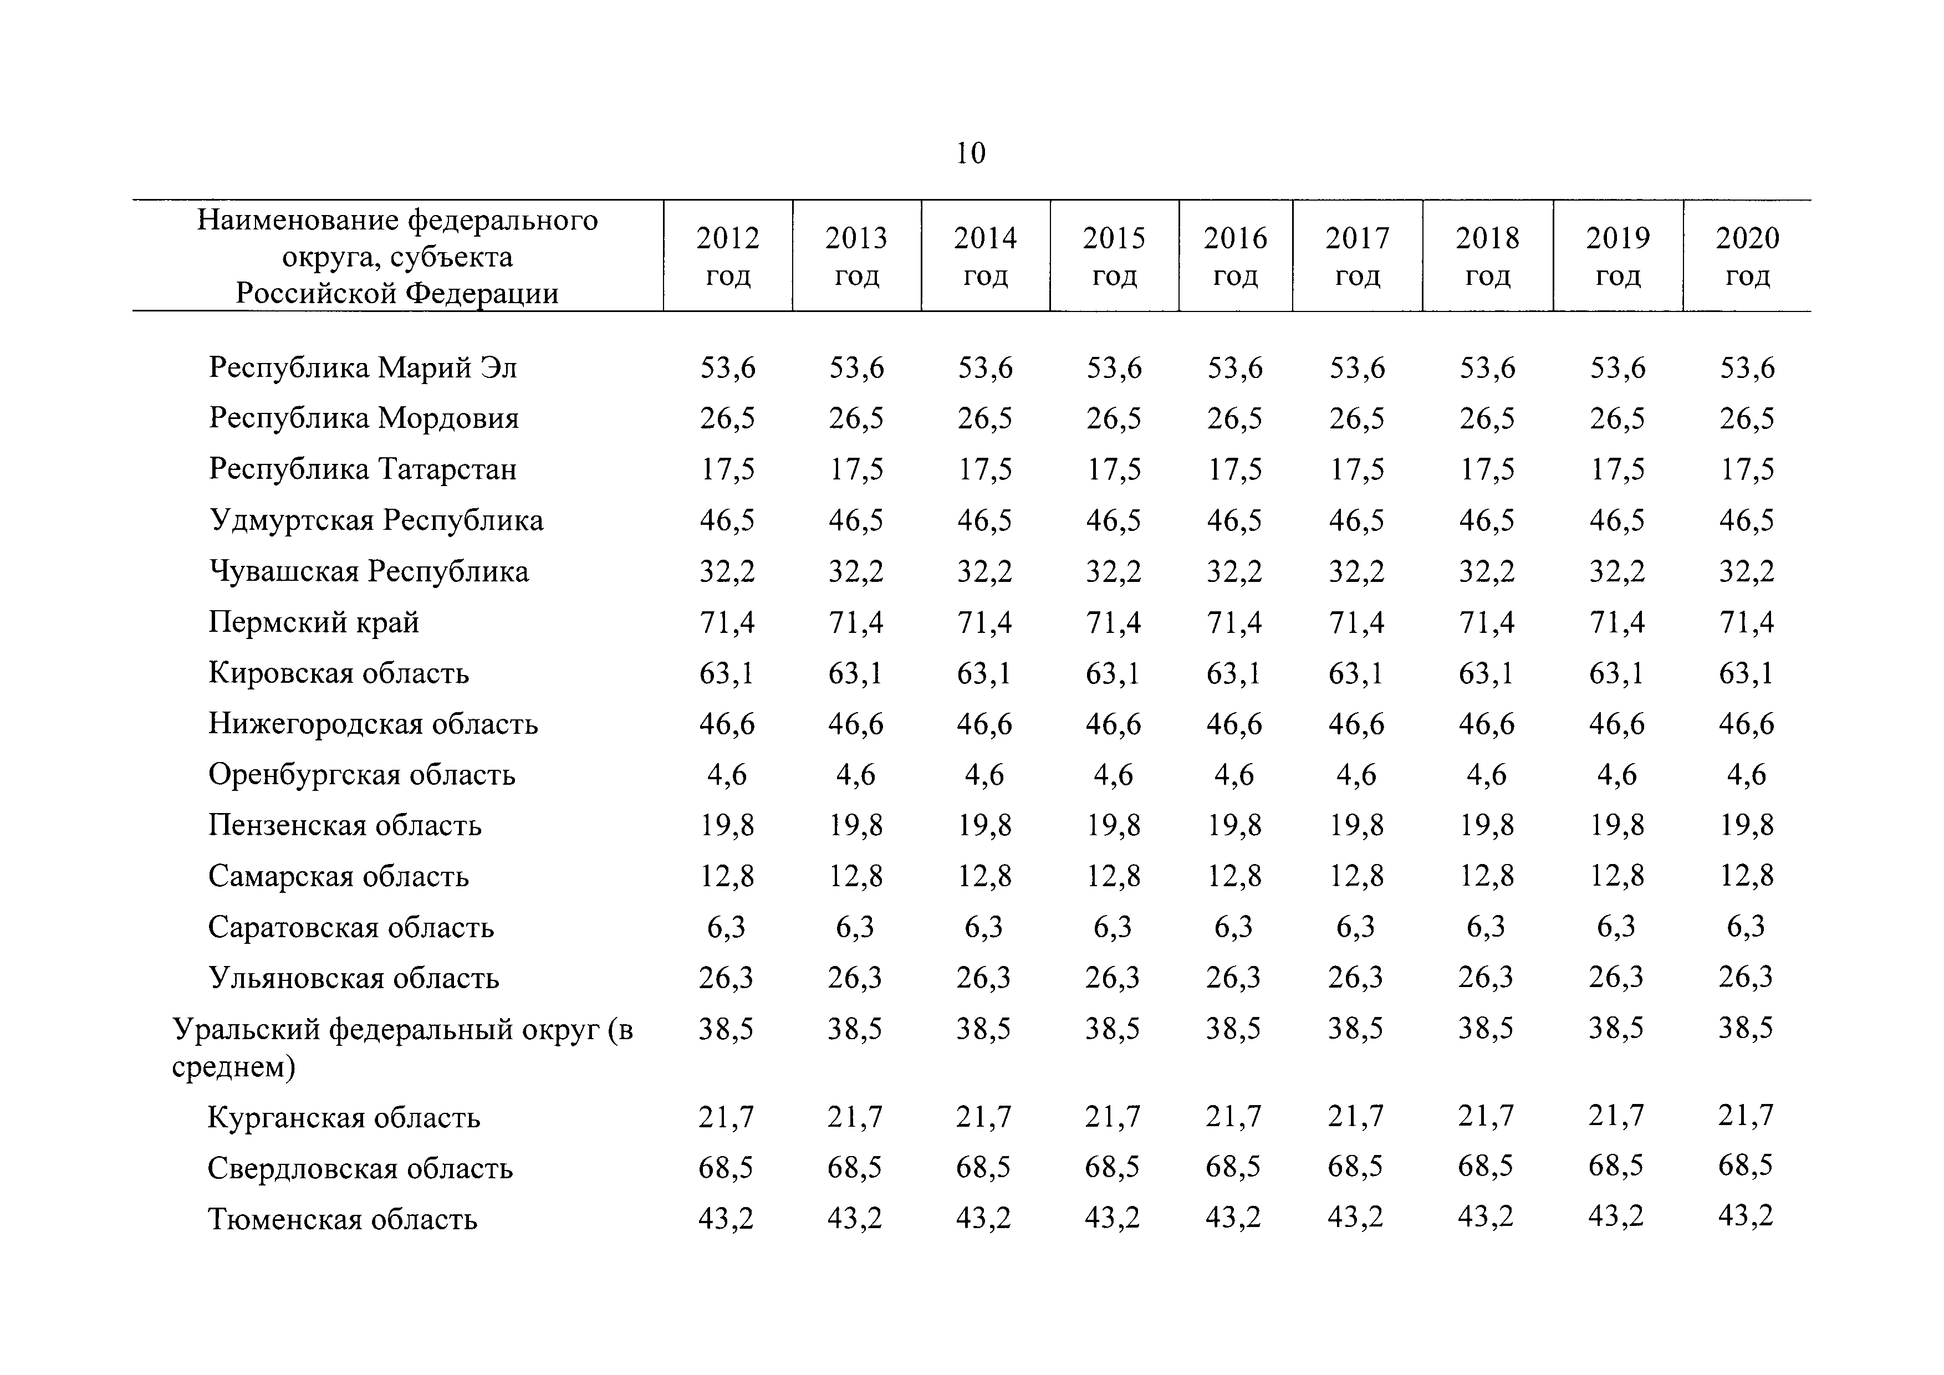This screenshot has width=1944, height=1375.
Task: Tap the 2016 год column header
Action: point(1236,255)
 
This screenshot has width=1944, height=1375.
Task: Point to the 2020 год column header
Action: point(1748,255)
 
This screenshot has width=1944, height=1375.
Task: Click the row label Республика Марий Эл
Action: point(363,367)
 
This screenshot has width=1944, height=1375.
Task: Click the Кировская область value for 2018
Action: point(1487,673)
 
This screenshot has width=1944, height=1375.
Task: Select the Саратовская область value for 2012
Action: point(727,927)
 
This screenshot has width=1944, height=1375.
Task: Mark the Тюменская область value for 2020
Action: point(1746,1216)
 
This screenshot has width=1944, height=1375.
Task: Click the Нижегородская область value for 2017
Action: point(1356,724)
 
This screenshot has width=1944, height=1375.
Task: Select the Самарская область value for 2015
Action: point(1114,876)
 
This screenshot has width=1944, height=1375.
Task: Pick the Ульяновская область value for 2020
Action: point(1746,977)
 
